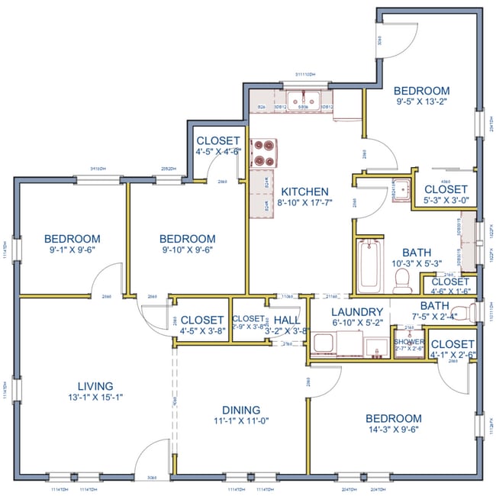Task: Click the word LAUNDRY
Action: coord(357,312)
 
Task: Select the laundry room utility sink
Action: coord(375,347)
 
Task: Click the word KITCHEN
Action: coord(305,192)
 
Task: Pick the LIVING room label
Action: coord(95,386)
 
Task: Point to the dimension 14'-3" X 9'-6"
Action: coord(393,430)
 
